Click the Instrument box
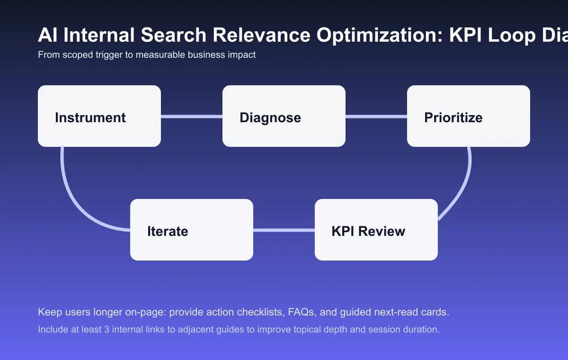coord(99,116)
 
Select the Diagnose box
coord(284,116)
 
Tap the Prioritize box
coord(469,116)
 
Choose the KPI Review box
coord(376,230)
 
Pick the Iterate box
coord(192,230)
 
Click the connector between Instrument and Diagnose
coord(192,116)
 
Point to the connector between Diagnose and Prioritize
coord(376,116)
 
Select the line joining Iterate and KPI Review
coord(284,230)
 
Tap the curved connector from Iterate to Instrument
coord(71,194)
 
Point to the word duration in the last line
coord(421,329)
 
